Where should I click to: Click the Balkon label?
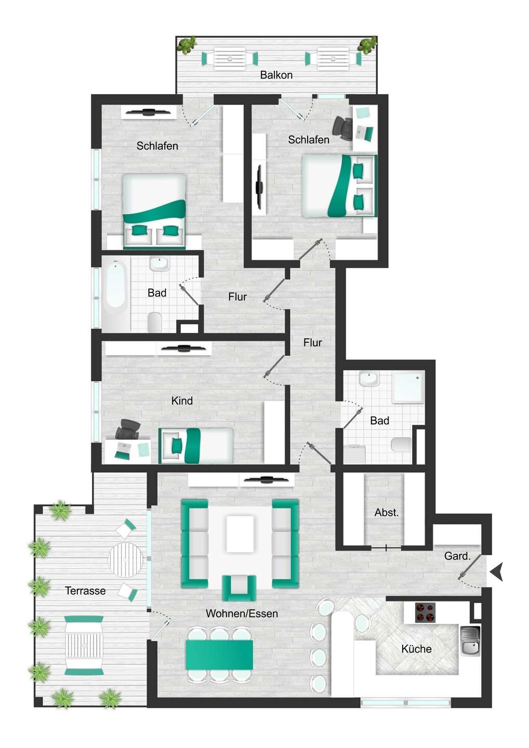[276, 75]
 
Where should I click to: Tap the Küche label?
[416, 649]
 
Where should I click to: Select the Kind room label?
[182, 400]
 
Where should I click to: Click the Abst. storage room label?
[387, 512]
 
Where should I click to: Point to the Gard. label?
[457, 556]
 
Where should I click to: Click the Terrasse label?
[85, 591]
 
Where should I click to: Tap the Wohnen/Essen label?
[242, 613]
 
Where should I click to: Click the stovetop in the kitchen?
[426, 612]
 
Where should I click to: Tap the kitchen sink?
[470, 641]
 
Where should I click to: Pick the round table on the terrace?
[125, 559]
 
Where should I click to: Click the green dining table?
[219, 654]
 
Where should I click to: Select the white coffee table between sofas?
[240, 533]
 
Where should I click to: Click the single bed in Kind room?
[196, 446]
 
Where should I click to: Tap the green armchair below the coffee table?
[239, 587]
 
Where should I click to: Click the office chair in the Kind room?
[127, 430]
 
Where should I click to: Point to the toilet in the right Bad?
[401, 445]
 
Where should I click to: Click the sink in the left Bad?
[160, 263]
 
